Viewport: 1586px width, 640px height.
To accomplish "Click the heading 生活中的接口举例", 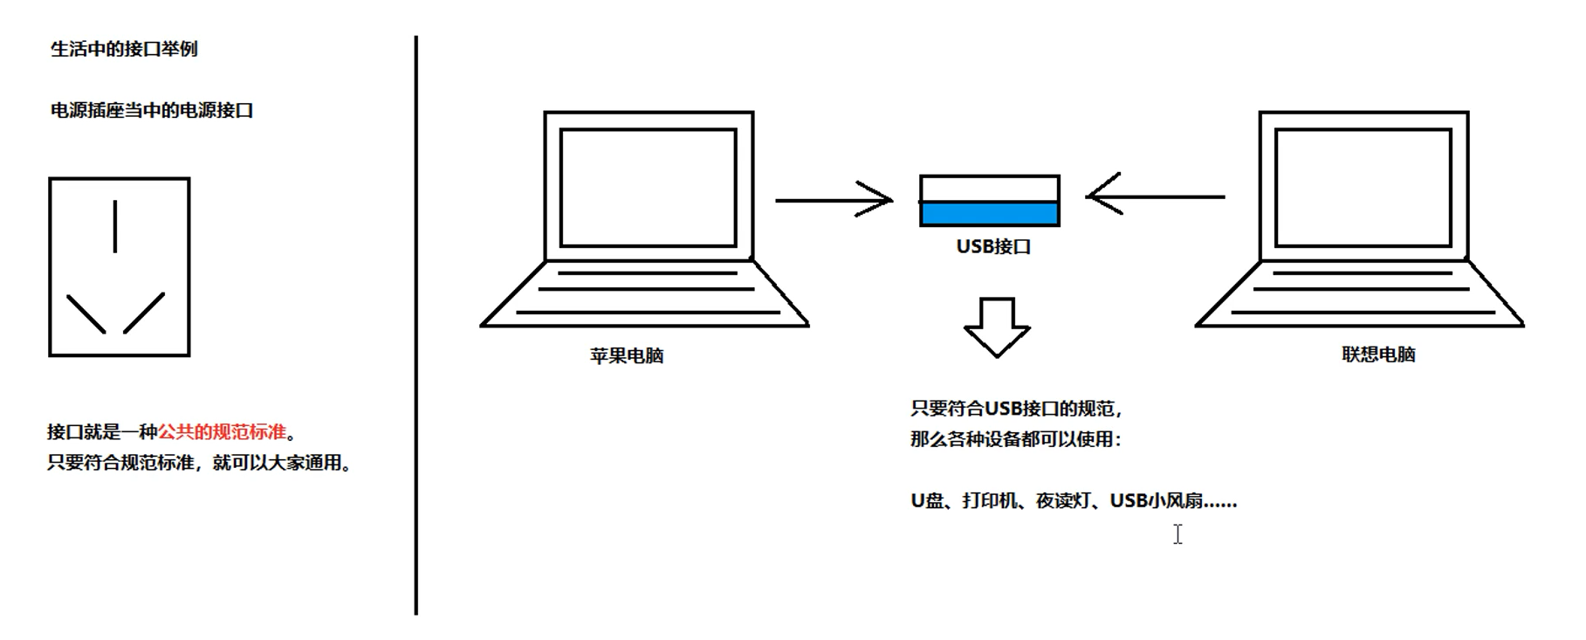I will [x=124, y=49].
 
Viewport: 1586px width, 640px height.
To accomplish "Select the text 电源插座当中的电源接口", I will [x=152, y=111].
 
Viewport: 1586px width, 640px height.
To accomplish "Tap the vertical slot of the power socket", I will [x=115, y=226].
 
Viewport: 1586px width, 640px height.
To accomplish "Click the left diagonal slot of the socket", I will [x=86, y=314].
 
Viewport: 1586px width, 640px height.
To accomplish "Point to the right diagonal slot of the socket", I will [x=144, y=313].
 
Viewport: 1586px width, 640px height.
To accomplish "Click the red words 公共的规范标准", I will [x=222, y=432].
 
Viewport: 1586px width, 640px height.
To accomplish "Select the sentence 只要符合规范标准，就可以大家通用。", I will [x=199, y=463].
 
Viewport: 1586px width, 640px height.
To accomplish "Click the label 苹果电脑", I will [x=627, y=356].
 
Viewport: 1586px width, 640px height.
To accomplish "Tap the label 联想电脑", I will [x=1378, y=354].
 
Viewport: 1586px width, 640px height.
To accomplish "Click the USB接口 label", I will [x=993, y=247].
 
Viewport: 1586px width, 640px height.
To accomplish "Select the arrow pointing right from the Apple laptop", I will [x=834, y=200].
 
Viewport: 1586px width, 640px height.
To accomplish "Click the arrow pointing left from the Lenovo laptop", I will [x=1156, y=197].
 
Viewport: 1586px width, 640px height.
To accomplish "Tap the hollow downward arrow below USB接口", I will [x=997, y=327].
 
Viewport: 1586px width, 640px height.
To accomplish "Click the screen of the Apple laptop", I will [x=649, y=188].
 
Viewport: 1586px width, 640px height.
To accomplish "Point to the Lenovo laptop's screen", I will [x=1363, y=188].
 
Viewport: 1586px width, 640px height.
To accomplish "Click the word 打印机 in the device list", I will [x=990, y=501].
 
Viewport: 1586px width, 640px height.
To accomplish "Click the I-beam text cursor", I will [x=1177, y=534].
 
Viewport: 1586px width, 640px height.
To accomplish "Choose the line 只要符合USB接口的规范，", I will [x=1016, y=409].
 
